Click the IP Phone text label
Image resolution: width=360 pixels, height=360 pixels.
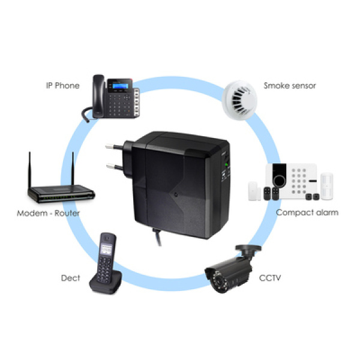(x=62, y=86)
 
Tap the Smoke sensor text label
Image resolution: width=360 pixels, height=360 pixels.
(x=290, y=86)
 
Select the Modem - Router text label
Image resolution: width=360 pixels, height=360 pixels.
(x=48, y=213)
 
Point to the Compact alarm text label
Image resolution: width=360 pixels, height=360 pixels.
(x=307, y=212)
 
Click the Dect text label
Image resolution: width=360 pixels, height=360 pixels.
(x=70, y=278)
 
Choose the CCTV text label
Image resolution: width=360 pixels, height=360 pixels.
(x=270, y=278)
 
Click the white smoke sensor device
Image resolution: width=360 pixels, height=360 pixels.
(x=239, y=100)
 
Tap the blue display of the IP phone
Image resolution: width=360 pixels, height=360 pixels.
(x=120, y=86)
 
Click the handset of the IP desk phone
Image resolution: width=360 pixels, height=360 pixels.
(x=98, y=97)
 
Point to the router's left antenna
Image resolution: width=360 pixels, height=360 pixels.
(x=29, y=170)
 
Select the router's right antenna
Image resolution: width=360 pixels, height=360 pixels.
(x=73, y=169)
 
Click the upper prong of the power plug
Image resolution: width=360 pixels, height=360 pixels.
(x=114, y=146)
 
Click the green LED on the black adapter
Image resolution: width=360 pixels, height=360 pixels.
(x=226, y=164)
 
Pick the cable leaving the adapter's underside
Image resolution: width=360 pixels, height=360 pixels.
(x=157, y=237)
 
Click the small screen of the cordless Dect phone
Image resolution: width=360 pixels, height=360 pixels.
(x=106, y=249)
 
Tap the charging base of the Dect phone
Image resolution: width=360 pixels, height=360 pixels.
(x=106, y=284)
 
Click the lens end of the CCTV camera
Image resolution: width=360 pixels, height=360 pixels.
(x=218, y=281)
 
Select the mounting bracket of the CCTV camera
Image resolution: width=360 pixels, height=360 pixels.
(x=248, y=252)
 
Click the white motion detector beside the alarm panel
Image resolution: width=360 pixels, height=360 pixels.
(x=327, y=186)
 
